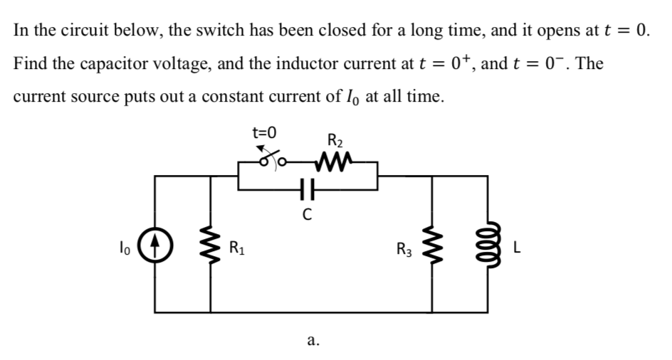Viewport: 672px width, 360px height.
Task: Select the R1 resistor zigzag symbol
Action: [210, 249]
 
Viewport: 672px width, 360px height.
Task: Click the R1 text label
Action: [238, 250]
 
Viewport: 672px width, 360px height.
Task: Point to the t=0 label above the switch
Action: [265, 132]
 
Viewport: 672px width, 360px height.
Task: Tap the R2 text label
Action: [333, 139]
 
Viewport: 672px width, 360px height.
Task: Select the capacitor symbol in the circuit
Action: [305, 191]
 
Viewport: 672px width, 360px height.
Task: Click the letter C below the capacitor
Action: [305, 213]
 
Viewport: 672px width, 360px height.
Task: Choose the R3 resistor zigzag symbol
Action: [431, 248]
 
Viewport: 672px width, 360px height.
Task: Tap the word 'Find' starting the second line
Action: [29, 63]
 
